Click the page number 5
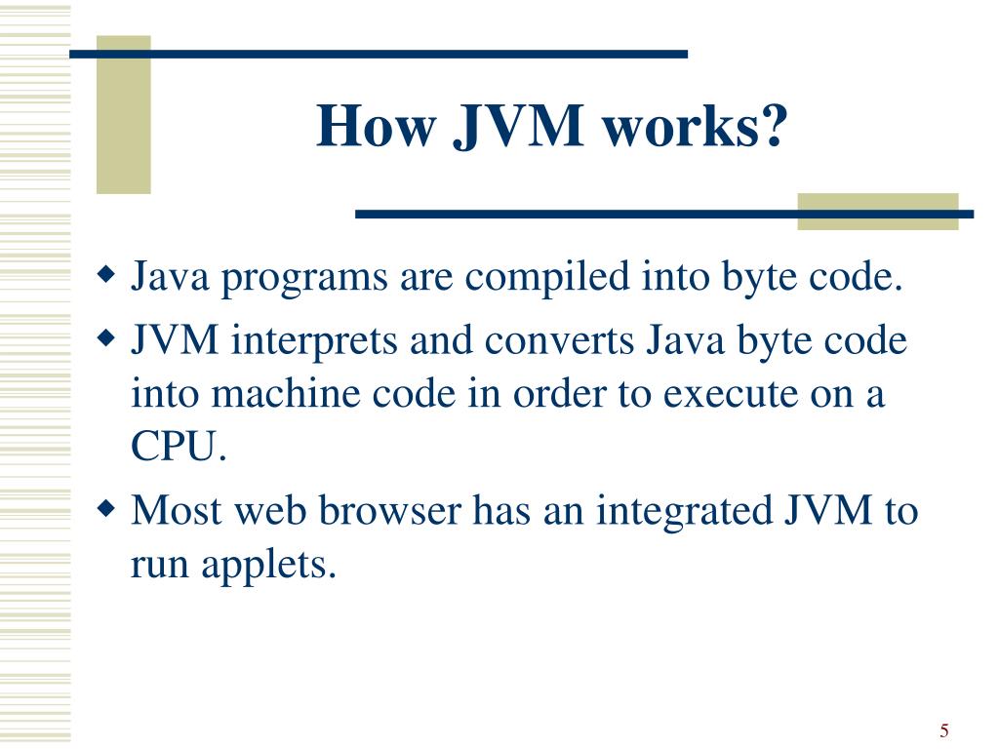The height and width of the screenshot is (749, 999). tap(944, 730)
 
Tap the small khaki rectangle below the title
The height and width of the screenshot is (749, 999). tap(877, 212)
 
